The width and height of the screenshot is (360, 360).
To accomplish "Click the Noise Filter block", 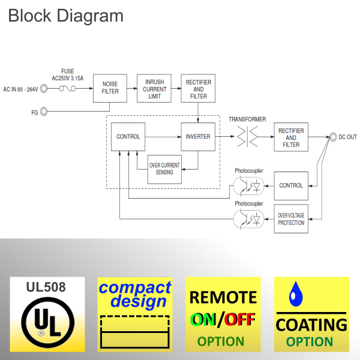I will click(110, 88).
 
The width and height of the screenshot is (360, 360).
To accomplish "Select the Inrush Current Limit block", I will click(154, 88).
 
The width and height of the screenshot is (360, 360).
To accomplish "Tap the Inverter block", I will click(198, 137).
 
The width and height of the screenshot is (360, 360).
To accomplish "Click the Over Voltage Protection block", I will click(291, 219).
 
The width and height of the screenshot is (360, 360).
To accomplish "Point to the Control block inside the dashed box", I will click(128, 137).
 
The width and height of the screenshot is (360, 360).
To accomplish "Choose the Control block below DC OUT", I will click(291, 185).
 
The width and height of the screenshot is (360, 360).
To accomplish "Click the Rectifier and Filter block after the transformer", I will click(291, 137).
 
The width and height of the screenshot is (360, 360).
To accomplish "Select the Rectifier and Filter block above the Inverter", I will click(198, 88).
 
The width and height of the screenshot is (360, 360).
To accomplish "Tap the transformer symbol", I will click(247, 137).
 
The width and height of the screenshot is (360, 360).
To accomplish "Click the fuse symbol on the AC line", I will click(67, 89).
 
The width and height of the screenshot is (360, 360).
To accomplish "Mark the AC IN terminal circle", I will click(44, 89).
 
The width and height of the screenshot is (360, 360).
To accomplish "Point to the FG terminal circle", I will click(44, 112).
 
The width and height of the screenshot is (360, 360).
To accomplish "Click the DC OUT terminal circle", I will click(332, 137).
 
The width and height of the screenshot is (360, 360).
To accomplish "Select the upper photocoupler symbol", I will click(249, 186).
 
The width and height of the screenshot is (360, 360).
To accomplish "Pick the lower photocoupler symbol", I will click(249, 220).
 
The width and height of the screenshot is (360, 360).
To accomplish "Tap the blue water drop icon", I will click(294, 293).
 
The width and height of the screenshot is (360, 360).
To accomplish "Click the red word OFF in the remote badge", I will click(241, 320).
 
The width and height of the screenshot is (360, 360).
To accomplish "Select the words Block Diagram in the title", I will click(65, 16).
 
